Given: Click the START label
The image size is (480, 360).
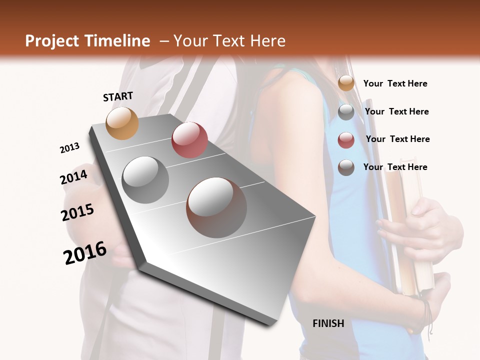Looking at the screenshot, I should pyautogui.click(x=118, y=96).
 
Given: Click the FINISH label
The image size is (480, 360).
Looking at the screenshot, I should pyautogui.click(x=328, y=323).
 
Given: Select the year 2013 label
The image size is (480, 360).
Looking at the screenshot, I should pyautogui.click(x=69, y=148).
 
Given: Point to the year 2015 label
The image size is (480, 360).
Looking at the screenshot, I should pyautogui.click(x=77, y=212).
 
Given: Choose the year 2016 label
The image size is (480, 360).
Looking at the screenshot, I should pyautogui.click(x=85, y=252).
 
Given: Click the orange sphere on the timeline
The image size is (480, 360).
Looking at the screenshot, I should pyautogui.click(x=122, y=123).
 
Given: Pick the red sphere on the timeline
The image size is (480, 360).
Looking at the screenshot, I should pyautogui.click(x=189, y=139).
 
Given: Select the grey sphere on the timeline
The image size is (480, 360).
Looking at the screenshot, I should pyautogui.click(x=145, y=179).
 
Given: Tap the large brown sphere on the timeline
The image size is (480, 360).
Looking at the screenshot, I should pyautogui.click(x=216, y=207).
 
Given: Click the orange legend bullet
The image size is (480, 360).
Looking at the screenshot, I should pyautogui.click(x=346, y=83).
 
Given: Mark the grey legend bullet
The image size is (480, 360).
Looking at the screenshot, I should pyautogui.click(x=346, y=112).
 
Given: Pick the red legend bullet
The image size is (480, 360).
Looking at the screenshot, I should pyautogui.click(x=346, y=140).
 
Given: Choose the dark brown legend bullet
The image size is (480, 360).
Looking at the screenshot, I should pyautogui.click(x=346, y=167).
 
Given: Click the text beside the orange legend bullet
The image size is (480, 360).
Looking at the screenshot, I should pyautogui.click(x=395, y=83).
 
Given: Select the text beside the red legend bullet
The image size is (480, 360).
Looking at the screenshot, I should pyautogui.click(x=397, y=139).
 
